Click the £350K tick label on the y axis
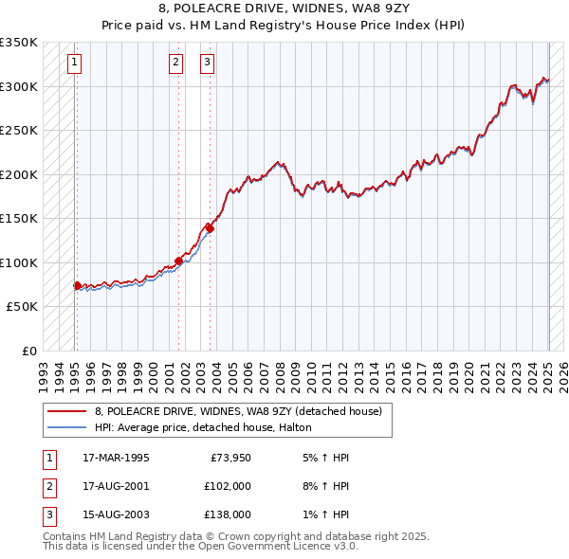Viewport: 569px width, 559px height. pyautogui.click(x=19, y=43)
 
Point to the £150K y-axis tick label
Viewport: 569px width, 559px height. pyautogui.click(x=19, y=219)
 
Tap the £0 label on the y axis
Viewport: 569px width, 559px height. pyautogui.click(x=28, y=352)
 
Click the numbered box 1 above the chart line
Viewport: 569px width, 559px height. pyautogui.click(x=74, y=63)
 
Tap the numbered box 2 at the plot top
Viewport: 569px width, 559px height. pyautogui.click(x=176, y=63)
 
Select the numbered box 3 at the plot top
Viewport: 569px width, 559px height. pyautogui.click(x=207, y=63)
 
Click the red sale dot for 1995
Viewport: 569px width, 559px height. pyautogui.click(x=77, y=285)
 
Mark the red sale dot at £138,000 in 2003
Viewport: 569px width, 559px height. pyautogui.click(x=211, y=228)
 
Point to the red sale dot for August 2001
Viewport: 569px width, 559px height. pyautogui.click(x=178, y=261)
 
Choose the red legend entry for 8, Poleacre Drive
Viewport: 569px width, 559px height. pyautogui.click(x=237, y=411)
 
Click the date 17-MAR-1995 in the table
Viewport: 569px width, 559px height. pyautogui.click(x=116, y=458)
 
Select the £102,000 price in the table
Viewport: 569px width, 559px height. pyautogui.click(x=228, y=486)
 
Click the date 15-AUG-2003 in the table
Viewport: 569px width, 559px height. pyautogui.click(x=116, y=514)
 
